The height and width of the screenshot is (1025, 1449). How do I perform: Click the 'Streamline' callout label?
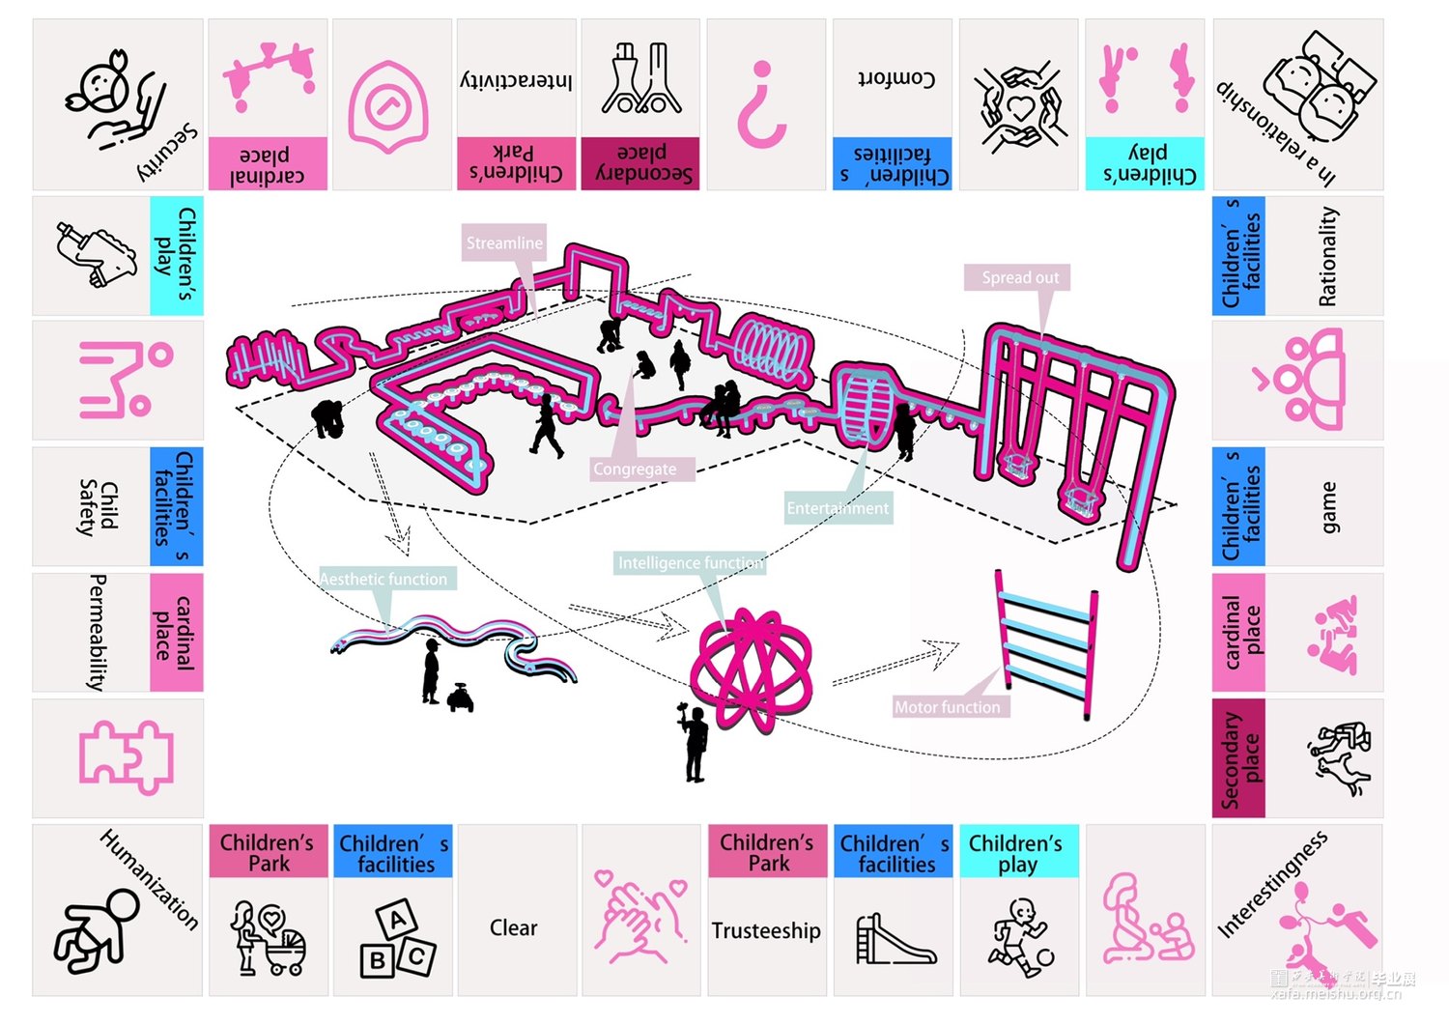(x=504, y=243)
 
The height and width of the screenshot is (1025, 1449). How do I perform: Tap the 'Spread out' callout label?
(x=1020, y=278)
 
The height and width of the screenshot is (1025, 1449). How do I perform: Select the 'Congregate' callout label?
(x=635, y=470)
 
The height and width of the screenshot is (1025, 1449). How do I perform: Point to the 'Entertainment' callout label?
(x=837, y=508)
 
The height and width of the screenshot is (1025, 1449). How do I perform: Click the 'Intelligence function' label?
(x=690, y=563)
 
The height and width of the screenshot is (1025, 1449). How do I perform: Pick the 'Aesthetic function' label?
(x=384, y=580)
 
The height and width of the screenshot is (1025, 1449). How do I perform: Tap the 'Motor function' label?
(x=947, y=707)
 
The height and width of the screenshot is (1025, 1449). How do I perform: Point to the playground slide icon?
(x=895, y=939)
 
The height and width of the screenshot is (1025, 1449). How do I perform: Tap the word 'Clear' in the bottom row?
(x=513, y=928)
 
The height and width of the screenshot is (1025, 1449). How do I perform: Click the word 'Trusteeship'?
(x=766, y=931)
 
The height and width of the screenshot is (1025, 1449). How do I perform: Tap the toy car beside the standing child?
(x=461, y=698)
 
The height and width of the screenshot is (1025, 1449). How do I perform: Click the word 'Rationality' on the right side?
(x=1328, y=256)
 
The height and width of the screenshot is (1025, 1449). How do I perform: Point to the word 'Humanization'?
(x=150, y=879)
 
